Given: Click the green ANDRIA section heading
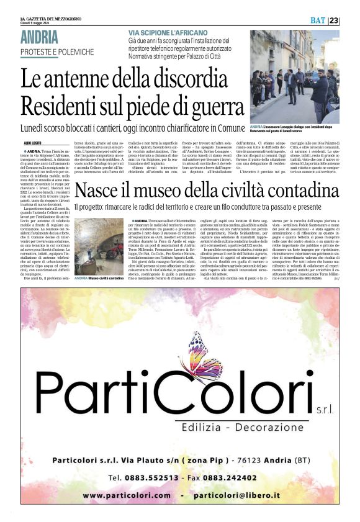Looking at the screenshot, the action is [40, 37].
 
